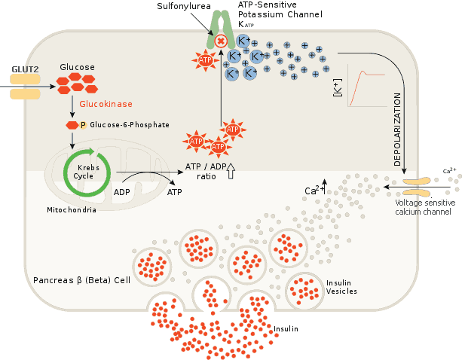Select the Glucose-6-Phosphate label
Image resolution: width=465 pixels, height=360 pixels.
click(x=129, y=125)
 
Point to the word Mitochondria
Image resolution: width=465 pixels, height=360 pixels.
click(x=71, y=209)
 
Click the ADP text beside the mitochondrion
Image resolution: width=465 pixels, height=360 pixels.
click(x=122, y=191)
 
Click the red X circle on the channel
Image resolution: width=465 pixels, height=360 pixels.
click(x=221, y=41)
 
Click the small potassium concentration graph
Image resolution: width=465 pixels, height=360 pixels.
click(x=366, y=87)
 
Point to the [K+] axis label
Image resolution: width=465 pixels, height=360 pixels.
click(x=337, y=88)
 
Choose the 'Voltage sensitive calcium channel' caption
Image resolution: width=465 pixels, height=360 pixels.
click(x=423, y=207)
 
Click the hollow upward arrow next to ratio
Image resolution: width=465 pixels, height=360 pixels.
click(x=231, y=173)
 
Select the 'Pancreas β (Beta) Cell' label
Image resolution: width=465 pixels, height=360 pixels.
click(x=82, y=280)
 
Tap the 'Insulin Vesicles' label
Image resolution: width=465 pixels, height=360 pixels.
click(x=341, y=287)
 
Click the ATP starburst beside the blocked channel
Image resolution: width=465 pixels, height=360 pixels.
click(x=203, y=60)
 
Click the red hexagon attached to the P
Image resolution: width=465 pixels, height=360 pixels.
click(x=72, y=125)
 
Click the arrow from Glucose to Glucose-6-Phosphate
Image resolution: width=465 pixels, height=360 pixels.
click(x=72, y=107)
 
